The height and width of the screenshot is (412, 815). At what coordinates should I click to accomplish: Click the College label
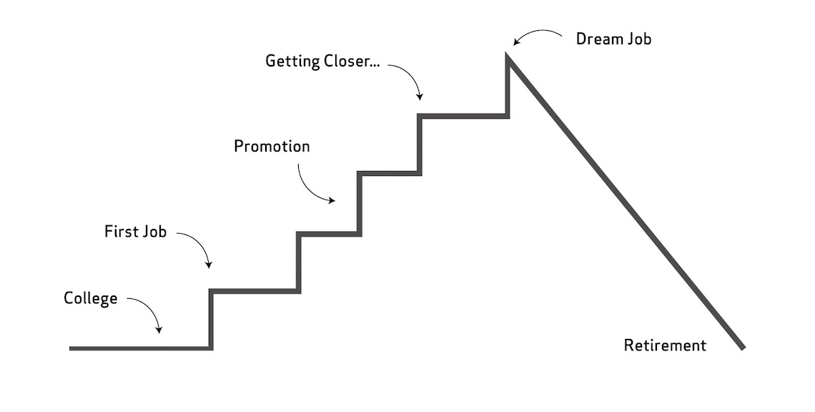90,298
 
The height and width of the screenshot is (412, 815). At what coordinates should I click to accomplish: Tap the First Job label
135,232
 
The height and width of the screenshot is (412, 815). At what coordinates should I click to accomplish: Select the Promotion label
272,147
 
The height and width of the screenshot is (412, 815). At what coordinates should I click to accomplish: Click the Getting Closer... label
322,62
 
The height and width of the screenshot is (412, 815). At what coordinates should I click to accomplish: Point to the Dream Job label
613,39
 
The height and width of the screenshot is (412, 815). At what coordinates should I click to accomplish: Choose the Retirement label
664,345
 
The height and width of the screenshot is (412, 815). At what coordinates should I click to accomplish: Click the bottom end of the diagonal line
743,348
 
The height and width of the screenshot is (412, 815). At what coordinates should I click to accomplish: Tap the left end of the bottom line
71,348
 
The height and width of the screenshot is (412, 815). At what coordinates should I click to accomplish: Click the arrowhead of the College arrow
159,330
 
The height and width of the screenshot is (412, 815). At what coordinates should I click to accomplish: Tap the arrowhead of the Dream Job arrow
513,44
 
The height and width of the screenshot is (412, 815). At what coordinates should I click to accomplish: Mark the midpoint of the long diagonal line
626,202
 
